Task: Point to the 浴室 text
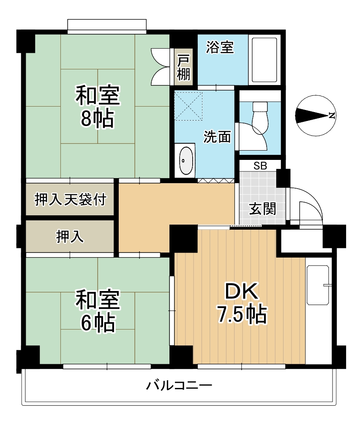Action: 220,48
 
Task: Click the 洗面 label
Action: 217,137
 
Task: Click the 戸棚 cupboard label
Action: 183,68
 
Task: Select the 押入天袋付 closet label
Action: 70,199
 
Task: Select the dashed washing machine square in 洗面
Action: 189,105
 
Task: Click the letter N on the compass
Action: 332,115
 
